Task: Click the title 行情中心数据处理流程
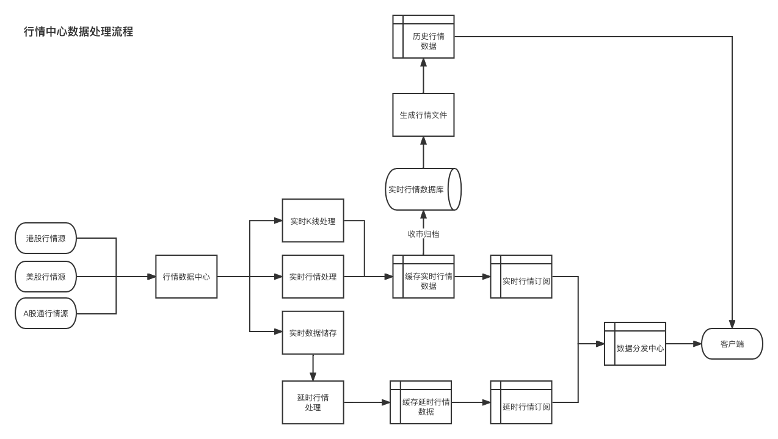point(78,32)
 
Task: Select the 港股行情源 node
point(46,238)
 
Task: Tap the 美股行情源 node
point(46,277)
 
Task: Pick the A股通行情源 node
point(46,313)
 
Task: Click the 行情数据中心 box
point(186,277)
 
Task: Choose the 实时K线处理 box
point(313,221)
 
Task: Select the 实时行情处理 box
point(313,277)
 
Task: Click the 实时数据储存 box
point(313,333)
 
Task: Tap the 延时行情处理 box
point(313,402)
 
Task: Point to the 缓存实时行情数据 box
point(424,277)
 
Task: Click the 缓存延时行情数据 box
point(421,402)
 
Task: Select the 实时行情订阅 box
point(522,277)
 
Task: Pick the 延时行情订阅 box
point(522,402)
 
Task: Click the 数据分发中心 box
point(635,344)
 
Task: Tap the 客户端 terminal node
point(732,344)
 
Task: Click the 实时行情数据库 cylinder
point(421,189)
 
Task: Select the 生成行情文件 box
point(423,115)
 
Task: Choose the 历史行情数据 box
point(424,37)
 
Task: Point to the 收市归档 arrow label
point(423,234)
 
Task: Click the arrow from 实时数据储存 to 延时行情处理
point(313,368)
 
